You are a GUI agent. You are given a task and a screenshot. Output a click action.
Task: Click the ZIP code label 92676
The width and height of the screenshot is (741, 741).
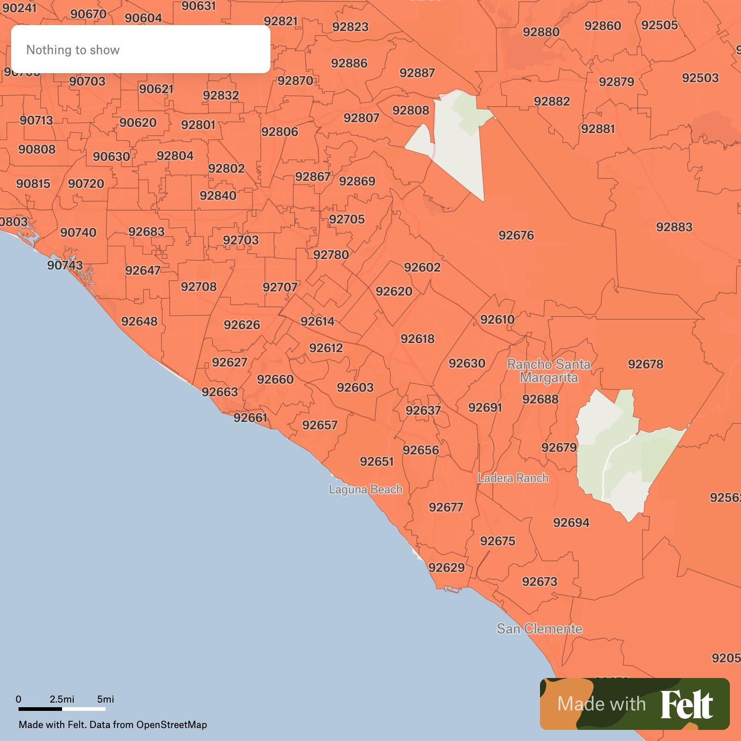[x=516, y=235]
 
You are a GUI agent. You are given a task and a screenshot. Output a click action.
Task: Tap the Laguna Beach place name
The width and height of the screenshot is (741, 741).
[x=365, y=490]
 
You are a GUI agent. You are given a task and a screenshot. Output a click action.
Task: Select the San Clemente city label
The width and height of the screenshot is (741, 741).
[x=539, y=629]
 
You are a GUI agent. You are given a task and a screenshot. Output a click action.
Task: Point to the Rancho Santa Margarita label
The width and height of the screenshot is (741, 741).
[x=549, y=371]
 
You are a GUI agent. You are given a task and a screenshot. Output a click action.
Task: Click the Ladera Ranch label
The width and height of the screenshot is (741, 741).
[x=513, y=478]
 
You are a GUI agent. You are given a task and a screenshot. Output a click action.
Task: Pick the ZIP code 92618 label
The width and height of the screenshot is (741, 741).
[x=417, y=339]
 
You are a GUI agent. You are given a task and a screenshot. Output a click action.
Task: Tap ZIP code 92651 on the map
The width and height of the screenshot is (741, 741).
[x=377, y=461]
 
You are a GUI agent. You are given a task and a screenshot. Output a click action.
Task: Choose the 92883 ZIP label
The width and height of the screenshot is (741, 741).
[x=674, y=227]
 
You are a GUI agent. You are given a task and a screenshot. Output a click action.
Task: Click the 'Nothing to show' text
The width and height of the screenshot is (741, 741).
[x=73, y=50]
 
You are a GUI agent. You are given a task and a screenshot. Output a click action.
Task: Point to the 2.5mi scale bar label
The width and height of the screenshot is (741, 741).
[x=62, y=699]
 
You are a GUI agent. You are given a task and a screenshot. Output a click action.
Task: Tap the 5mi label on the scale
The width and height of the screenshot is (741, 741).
[x=106, y=699]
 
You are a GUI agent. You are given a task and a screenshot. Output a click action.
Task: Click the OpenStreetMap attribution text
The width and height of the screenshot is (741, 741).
[x=171, y=725]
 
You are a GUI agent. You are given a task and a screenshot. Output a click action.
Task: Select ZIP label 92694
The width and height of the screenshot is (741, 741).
[x=571, y=522]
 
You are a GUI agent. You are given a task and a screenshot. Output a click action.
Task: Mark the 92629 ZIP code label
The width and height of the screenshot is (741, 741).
[x=446, y=567]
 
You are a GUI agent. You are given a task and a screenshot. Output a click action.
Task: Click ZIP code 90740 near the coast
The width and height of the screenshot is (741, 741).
[x=78, y=232]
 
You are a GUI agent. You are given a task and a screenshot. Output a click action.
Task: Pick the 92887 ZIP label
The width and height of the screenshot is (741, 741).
[x=417, y=73]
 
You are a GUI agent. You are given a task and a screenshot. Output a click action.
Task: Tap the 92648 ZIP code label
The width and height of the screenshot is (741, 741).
[x=139, y=321]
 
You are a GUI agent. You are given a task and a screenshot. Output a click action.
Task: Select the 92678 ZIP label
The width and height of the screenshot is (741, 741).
[x=645, y=364]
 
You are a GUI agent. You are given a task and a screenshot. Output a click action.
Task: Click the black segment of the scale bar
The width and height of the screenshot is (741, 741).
[x=40, y=709]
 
